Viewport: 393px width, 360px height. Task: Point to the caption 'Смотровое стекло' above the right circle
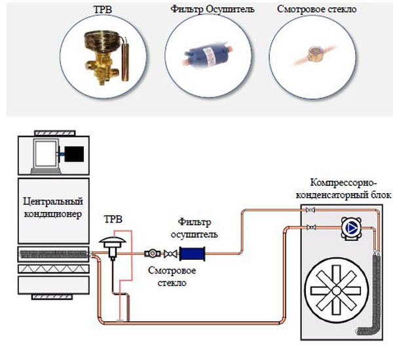click(x=308, y=10)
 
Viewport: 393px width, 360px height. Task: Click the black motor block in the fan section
click(x=73, y=154)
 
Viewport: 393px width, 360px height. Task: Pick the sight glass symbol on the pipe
click(x=151, y=253)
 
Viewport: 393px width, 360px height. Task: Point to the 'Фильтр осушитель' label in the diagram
click(x=197, y=228)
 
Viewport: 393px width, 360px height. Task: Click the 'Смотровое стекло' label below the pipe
click(x=171, y=277)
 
